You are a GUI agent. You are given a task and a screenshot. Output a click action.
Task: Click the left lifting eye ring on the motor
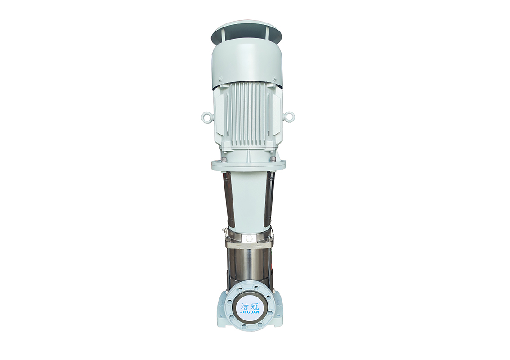[x=206, y=117]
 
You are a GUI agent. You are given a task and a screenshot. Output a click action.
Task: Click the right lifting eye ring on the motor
[x=289, y=117]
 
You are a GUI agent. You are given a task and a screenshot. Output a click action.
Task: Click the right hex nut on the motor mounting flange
[x=272, y=159]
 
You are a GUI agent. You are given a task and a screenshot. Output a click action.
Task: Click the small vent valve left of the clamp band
[x=224, y=231]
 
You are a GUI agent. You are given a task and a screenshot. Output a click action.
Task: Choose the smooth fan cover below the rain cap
[x=247, y=63]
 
